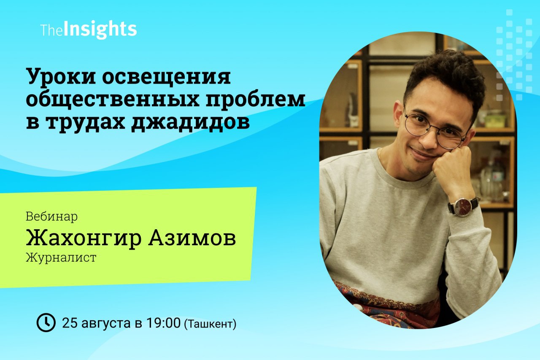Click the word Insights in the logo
(100, 30)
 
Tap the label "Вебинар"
(51, 217)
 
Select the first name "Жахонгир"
(84, 238)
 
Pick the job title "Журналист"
(61, 257)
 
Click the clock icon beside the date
(46, 322)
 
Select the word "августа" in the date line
(106, 324)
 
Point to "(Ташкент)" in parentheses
(210, 324)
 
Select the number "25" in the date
(70, 323)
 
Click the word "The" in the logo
(52, 31)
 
